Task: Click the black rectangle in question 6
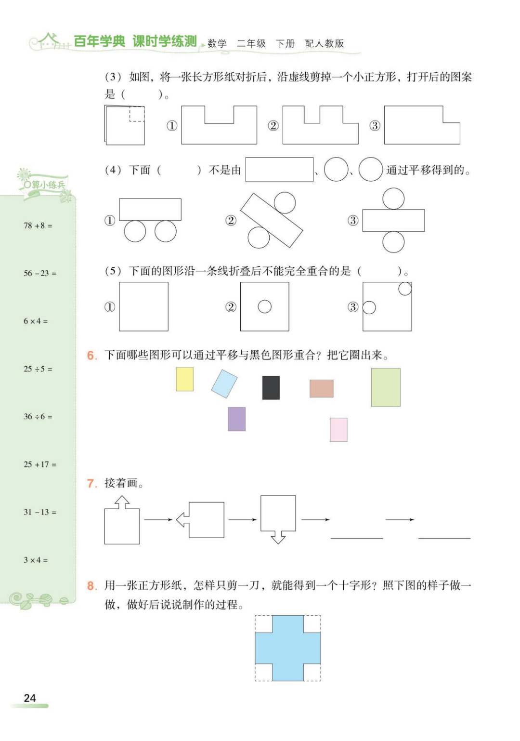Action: [271, 388]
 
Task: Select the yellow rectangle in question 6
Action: [184, 379]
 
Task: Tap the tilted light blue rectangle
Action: [224, 384]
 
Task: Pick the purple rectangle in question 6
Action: [236, 419]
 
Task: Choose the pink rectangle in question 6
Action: [338, 430]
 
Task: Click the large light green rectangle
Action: [386, 387]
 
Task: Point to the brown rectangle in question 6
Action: [322, 388]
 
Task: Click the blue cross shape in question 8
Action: [287, 648]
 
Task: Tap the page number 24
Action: [30, 698]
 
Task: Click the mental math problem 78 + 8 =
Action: [38, 225]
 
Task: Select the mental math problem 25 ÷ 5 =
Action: [38, 369]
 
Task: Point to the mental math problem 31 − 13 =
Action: [40, 512]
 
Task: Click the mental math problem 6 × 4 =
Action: [36, 321]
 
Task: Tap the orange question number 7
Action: [92, 483]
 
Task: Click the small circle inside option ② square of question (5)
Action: [265, 306]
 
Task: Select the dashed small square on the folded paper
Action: [137, 114]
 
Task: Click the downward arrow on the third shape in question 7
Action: [278, 537]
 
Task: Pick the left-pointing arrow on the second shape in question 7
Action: [183, 520]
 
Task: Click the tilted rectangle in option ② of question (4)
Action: [272, 220]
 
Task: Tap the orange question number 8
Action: [92, 586]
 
